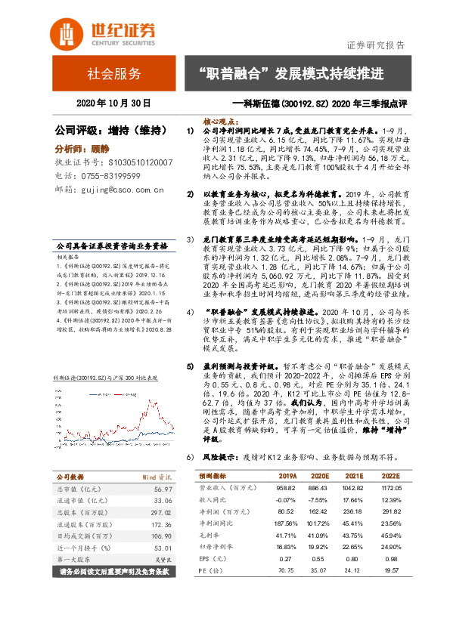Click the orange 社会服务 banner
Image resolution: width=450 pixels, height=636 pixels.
tap(113, 74)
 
